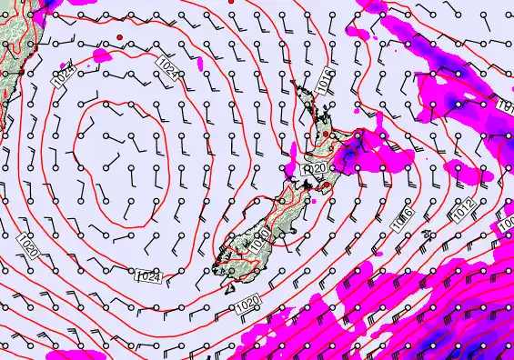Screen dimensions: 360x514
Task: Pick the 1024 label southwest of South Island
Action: click(149, 276)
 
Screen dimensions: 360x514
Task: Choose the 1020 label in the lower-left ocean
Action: click(27, 245)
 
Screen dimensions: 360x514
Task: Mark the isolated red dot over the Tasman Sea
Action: click(119, 37)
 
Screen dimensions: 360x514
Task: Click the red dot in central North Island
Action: click(326, 135)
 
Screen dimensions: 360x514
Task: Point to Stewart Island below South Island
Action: click(218, 267)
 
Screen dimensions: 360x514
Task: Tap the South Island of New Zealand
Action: click(264, 218)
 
